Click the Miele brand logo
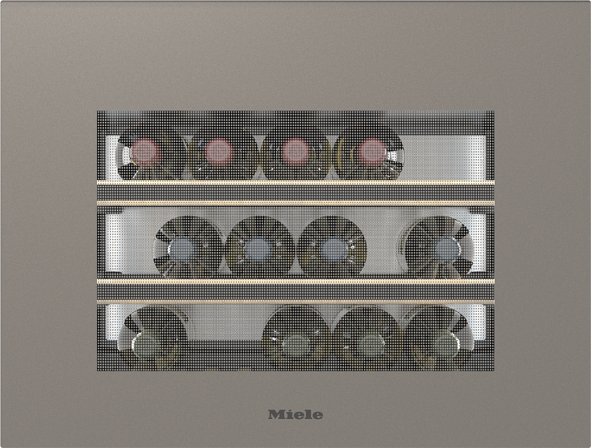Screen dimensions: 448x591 (295, 414)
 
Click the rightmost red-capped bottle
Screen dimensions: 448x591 (371, 152)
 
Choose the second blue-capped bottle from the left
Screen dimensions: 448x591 (259, 248)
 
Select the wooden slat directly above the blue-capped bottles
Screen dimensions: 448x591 (295, 203)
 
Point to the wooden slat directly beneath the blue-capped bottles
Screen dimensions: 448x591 (295, 281)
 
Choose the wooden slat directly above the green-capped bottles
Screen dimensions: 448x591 (295, 301)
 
